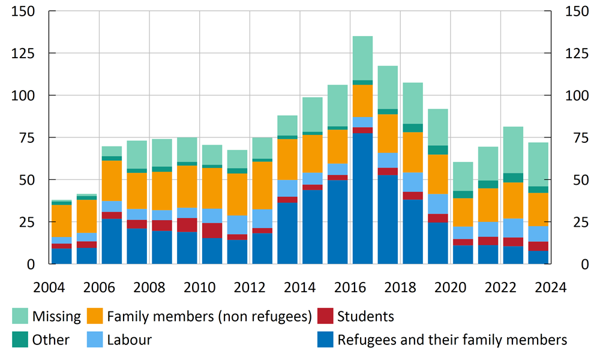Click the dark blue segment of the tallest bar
tap(362, 198)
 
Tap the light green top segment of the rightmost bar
tap(538, 164)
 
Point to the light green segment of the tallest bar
tap(362, 58)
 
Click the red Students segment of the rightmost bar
tap(538, 246)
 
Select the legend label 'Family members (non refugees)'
tap(209, 316)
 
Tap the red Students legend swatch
tap(325, 316)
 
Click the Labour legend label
tap(129, 340)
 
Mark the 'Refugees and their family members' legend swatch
tap(325, 340)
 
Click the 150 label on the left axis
tap(23, 11)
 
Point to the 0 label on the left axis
tap(31, 264)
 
